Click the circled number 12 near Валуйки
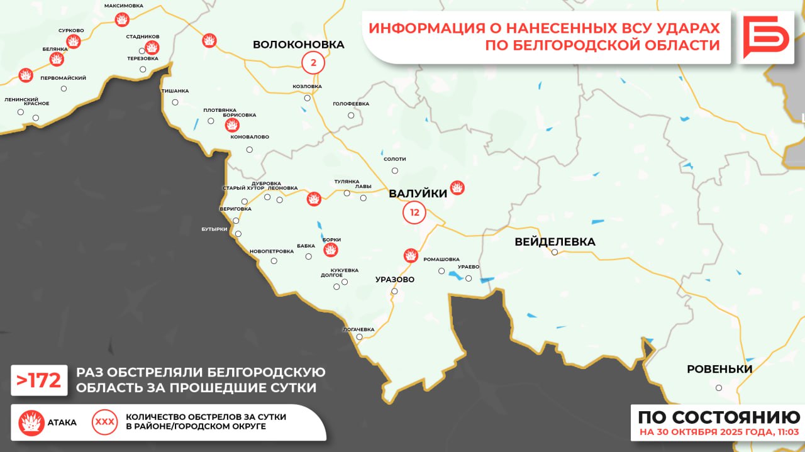coord(414,212)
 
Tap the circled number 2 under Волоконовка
coord(313,62)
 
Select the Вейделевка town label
coord(555,241)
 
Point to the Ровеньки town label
coord(719,369)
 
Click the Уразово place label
coord(395,279)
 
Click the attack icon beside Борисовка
coord(232,124)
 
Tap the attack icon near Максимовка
coord(122,20)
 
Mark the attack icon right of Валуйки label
coord(457,188)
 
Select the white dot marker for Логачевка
coord(360,337)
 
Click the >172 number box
coord(39,380)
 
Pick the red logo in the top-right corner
coord(766,37)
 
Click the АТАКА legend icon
coord(31,422)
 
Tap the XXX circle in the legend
coord(104,422)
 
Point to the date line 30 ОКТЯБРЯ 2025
coord(719,433)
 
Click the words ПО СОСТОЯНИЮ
coord(719,417)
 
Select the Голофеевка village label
coord(351,104)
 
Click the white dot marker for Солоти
coord(395,170)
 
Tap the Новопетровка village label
coord(272,251)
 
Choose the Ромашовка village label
coord(441,259)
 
